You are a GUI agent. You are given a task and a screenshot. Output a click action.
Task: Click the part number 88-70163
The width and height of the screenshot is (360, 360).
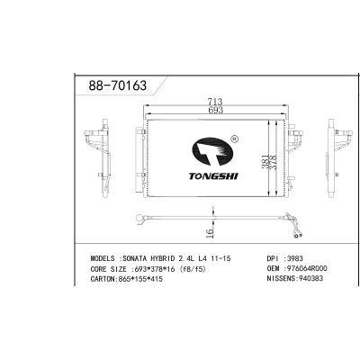coord(118,85)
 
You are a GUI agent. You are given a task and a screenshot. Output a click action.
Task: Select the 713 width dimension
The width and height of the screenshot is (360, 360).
coord(215,102)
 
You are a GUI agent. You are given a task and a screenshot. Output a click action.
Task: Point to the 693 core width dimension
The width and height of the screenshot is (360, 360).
coord(215,110)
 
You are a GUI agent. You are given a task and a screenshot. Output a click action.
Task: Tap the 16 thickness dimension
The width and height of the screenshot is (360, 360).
coord(210,233)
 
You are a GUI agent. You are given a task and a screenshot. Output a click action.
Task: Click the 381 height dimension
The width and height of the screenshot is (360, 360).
coord(265,162)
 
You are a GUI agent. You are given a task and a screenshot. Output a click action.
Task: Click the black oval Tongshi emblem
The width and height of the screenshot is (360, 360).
coord(212,152)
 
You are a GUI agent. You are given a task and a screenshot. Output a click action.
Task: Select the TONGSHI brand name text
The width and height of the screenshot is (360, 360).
coord(213,176)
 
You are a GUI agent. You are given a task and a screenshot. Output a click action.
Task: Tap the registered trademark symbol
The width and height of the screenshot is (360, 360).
coord(235,139)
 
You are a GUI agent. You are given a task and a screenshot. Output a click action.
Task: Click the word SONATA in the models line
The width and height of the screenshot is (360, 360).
coord(133,258)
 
